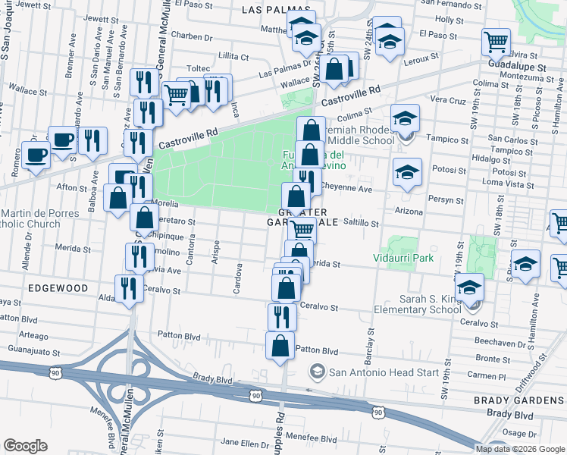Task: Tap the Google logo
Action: [x=25, y=446]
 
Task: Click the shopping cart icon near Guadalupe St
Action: [x=496, y=42]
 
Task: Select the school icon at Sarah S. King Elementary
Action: [x=470, y=288]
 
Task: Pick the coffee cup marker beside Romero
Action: [x=35, y=155]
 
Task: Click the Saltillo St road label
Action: [x=361, y=223]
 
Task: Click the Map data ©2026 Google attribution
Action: [x=519, y=449]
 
